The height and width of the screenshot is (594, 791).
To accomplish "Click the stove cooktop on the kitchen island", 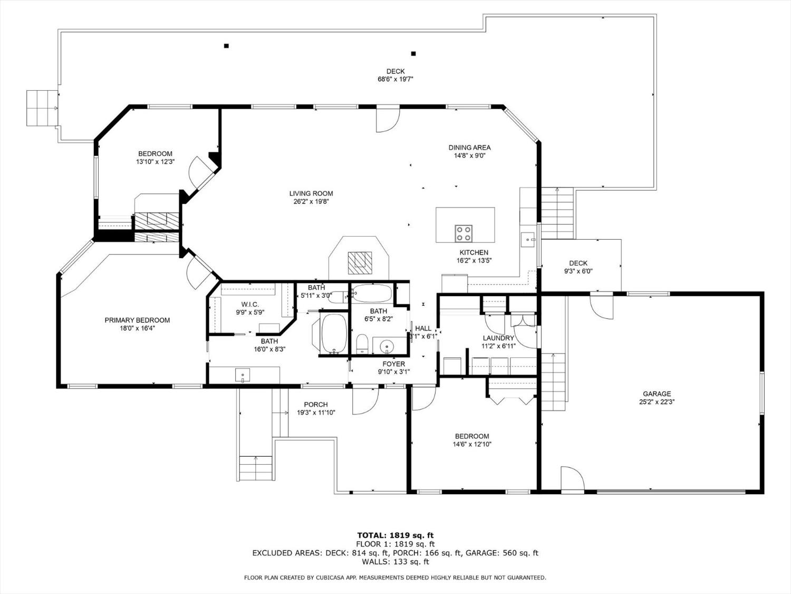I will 464,233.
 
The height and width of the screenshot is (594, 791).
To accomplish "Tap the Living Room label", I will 311,194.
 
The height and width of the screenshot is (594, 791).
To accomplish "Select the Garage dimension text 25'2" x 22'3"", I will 657,402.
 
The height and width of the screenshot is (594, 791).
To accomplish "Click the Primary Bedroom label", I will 137,320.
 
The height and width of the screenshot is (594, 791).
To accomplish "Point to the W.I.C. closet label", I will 250,305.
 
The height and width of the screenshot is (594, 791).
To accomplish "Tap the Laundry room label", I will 498,338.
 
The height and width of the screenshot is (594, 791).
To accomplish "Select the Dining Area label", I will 469,148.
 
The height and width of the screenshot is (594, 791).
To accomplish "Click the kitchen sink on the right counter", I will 528,240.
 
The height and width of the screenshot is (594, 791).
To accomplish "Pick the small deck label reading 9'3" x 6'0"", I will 578,271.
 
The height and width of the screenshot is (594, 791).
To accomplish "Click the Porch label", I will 316,405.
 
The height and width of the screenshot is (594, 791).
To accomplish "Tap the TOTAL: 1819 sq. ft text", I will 395,535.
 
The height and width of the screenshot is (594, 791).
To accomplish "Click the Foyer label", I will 394,364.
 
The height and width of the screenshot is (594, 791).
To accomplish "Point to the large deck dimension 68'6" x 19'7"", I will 395,80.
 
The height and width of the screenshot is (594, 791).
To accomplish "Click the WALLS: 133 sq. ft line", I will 395,562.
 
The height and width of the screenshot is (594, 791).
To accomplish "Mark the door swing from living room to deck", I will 386,120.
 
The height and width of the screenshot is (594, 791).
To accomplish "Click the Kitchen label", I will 474,253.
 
